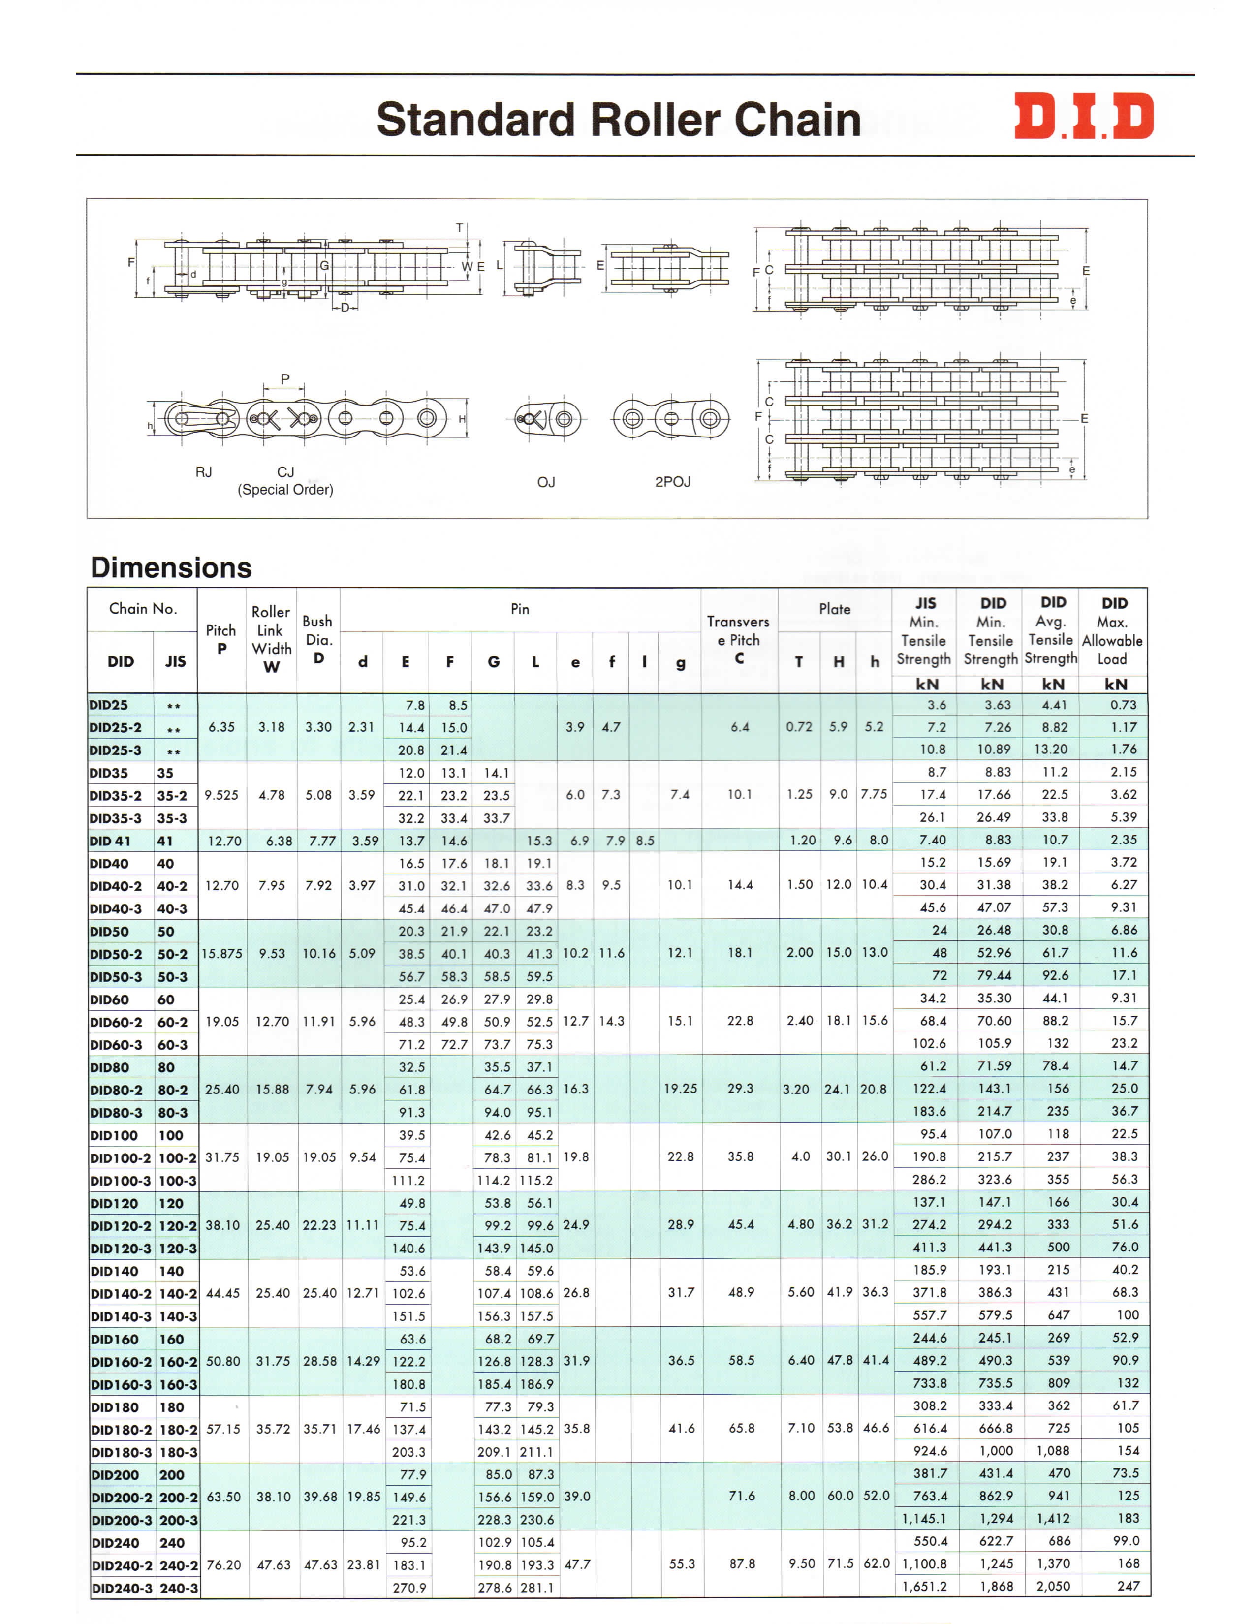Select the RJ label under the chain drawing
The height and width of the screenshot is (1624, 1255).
(x=203, y=472)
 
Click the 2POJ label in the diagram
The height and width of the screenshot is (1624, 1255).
(x=672, y=482)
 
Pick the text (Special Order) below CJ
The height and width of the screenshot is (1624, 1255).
(x=285, y=489)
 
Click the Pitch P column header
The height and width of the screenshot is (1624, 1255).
(x=221, y=639)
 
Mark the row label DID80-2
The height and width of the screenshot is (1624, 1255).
(x=116, y=1090)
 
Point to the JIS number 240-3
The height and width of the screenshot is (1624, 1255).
(x=179, y=1588)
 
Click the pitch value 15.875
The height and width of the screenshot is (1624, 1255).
(x=221, y=953)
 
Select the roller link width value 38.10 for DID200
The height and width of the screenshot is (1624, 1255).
(x=273, y=1497)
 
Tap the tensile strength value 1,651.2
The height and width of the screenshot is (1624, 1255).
(x=924, y=1586)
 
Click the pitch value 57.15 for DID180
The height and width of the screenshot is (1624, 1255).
(x=223, y=1429)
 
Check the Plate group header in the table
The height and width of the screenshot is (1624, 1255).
(x=834, y=609)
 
